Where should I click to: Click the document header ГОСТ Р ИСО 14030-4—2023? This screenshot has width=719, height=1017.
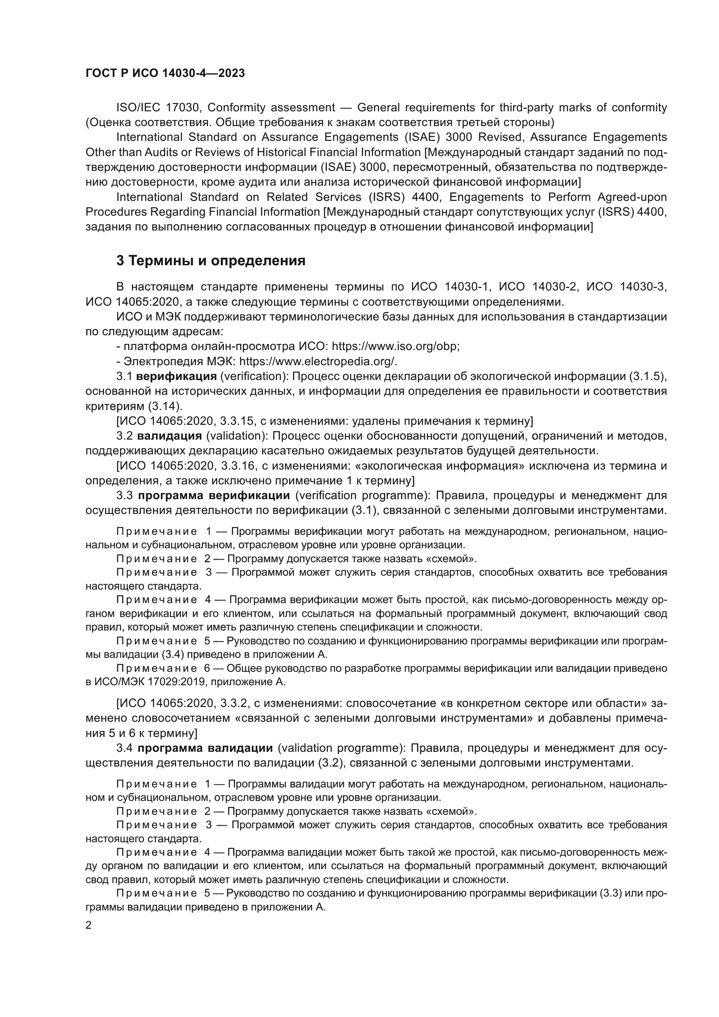click(x=165, y=73)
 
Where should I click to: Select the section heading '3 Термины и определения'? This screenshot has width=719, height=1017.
click(x=211, y=260)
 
